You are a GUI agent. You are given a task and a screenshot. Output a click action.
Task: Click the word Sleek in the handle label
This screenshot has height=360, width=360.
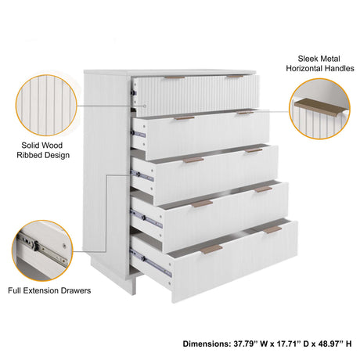308,59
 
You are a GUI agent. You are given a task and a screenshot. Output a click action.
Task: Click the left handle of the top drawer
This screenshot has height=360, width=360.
175,78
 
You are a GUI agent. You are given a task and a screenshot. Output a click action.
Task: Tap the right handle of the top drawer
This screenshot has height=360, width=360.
235,77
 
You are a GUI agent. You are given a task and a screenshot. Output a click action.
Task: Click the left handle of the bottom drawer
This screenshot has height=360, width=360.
211,250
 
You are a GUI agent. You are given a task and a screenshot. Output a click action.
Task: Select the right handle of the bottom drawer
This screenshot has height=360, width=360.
272,229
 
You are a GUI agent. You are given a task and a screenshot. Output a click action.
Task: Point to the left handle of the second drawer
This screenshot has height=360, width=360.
185,118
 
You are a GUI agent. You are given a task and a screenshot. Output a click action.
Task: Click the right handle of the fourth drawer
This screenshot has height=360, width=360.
263,189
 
